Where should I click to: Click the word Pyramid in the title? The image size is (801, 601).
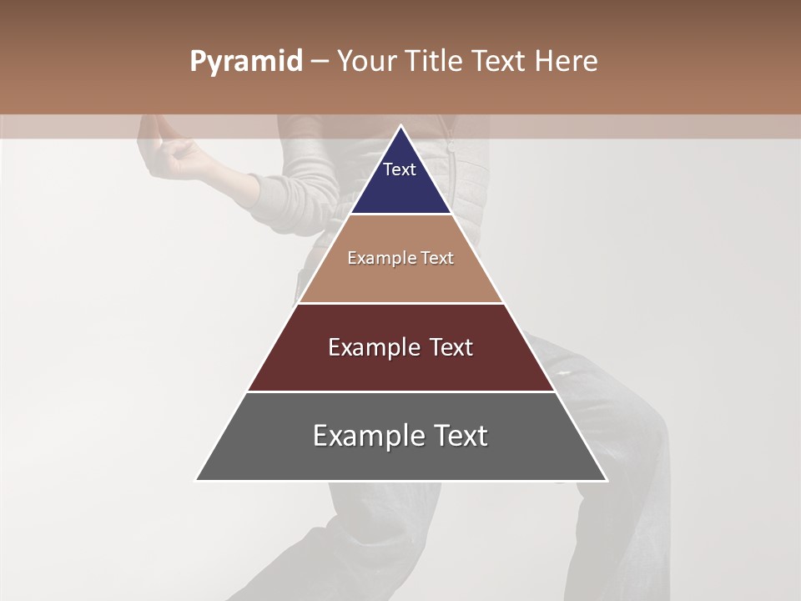pos(245,62)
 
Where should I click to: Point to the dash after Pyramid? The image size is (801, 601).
pos(319,62)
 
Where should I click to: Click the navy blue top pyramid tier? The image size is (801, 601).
pos(400,188)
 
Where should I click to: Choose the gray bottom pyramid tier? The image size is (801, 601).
pos(400,459)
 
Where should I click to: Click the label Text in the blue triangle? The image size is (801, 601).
pos(400,169)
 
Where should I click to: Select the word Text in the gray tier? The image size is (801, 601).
pos(458,436)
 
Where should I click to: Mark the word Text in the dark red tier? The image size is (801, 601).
pos(449,347)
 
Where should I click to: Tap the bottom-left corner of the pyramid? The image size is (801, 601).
pos(197,480)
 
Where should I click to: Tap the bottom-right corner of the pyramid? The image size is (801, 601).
pos(606,480)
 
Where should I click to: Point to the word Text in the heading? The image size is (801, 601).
pos(500,62)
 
